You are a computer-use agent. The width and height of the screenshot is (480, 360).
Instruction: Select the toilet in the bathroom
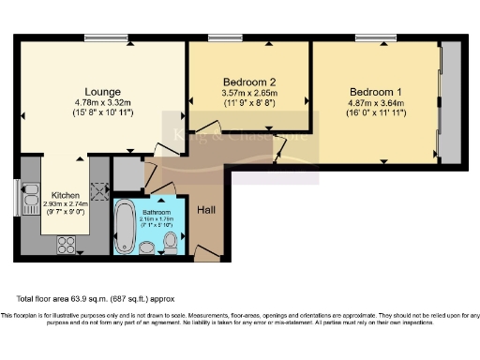[x=170, y=244]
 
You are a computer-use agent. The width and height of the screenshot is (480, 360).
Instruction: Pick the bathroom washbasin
[x=147, y=247]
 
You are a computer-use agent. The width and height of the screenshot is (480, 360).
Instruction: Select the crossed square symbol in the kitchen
[x=95, y=187]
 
